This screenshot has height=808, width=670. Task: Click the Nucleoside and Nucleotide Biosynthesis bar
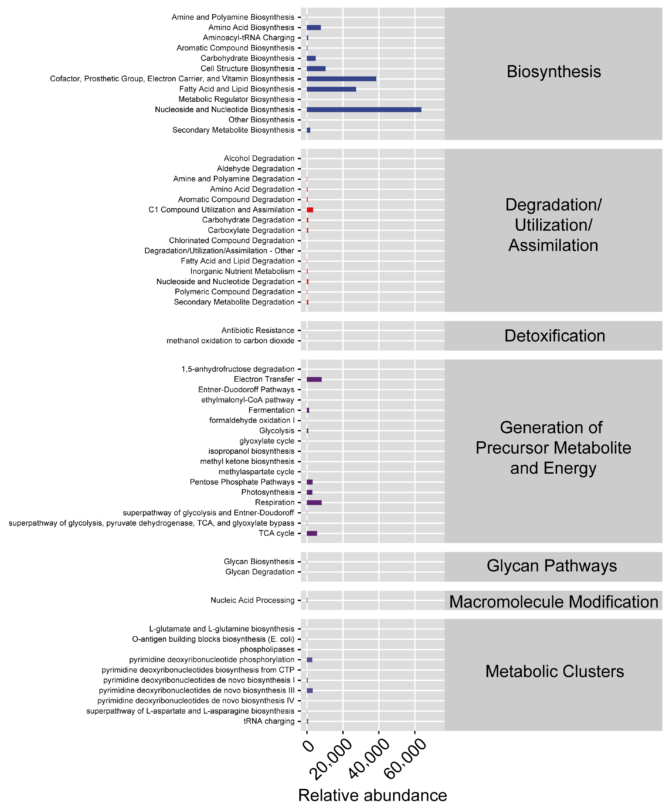coord(364,110)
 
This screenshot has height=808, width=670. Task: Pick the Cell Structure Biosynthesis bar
coord(316,68)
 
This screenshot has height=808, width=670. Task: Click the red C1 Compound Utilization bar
coord(310,210)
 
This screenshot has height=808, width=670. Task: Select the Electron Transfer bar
coord(314,379)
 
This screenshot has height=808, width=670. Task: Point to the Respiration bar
coord(314,503)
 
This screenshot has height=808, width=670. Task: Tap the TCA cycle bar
coord(312,533)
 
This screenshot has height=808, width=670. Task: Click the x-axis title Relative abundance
coord(372,795)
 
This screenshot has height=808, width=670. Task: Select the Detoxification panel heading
coord(554,336)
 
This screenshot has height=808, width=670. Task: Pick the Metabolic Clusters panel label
coord(554,672)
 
